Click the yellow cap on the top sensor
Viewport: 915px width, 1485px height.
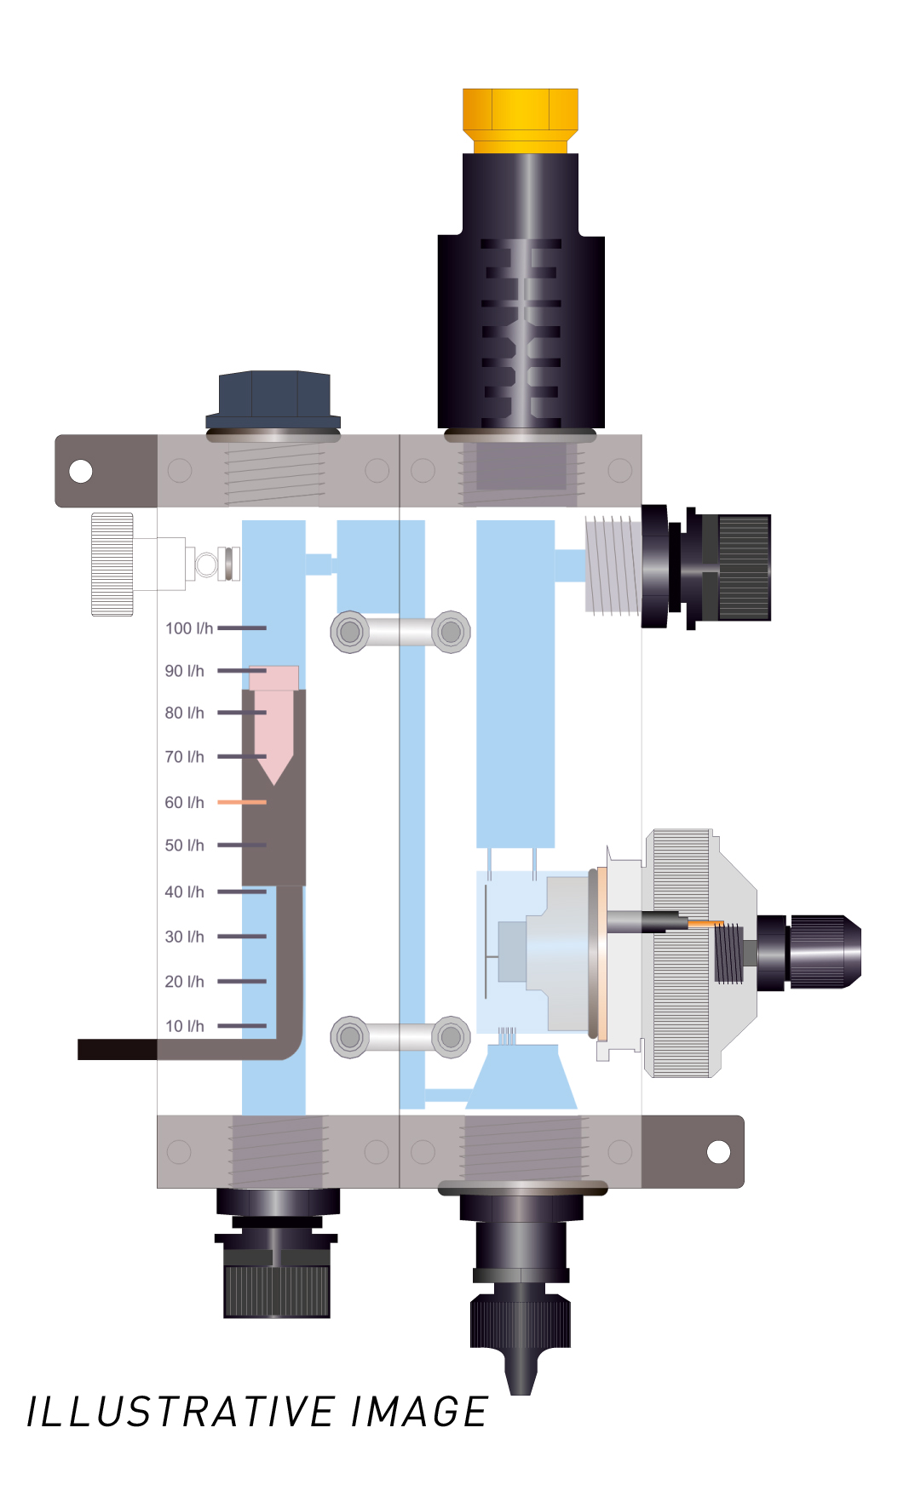(x=521, y=120)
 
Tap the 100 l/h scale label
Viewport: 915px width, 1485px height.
(x=189, y=628)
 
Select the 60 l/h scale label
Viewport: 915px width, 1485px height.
(x=185, y=802)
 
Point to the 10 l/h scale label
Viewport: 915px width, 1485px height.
(x=185, y=1026)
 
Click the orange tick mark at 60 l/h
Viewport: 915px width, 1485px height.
(x=242, y=802)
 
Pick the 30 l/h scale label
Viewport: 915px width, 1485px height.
(x=185, y=937)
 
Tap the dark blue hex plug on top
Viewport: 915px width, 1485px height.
(x=273, y=399)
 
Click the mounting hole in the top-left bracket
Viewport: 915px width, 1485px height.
(x=81, y=471)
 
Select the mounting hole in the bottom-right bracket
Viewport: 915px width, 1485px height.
(x=719, y=1152)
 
